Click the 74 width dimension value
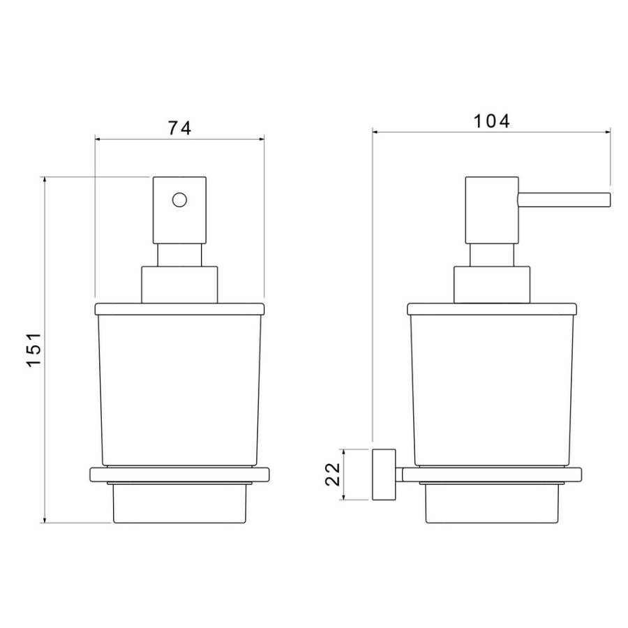click(179, 128)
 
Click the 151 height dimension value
click(34, 349)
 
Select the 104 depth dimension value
click(492, 121)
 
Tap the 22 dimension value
click(332, 474)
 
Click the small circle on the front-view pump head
click(179, 200)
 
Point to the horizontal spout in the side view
click(565, 200)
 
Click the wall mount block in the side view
click(384, 474)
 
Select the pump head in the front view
click(179, 210)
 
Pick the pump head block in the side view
click(492, 210)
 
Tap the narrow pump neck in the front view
click(179, 255)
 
